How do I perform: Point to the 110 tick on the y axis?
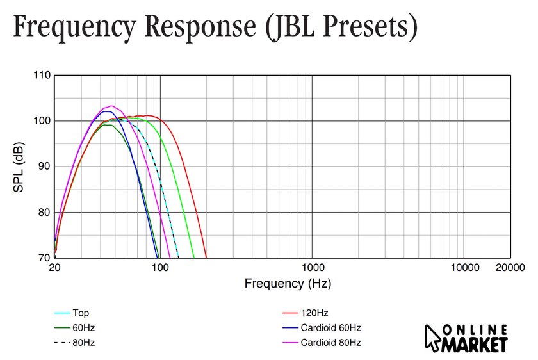click(42, 75)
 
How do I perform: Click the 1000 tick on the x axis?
click(312, 266)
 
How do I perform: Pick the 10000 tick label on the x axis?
click(463, 266)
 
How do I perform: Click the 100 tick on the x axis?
click(160, 266)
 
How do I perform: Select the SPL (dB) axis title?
click(20, 166)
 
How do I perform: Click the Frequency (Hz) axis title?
click(288, 283)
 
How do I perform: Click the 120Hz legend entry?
click(314, 313)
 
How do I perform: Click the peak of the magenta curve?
click(111, 106)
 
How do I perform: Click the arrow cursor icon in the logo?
click(433, 337)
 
